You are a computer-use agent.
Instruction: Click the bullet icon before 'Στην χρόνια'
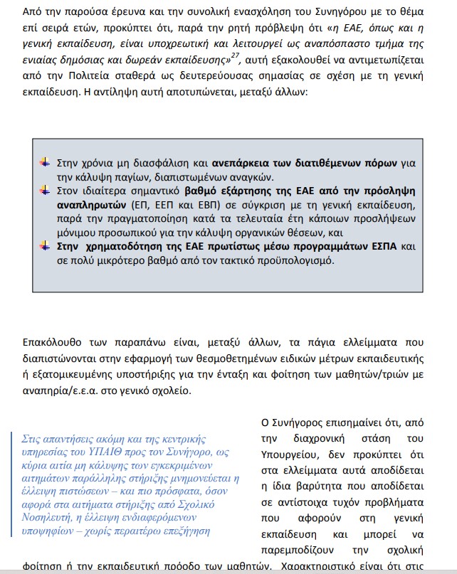tap(45, 161)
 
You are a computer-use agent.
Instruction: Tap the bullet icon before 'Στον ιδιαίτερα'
tap(45, 191)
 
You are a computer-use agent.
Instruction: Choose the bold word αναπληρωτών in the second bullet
tap(90, 206)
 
